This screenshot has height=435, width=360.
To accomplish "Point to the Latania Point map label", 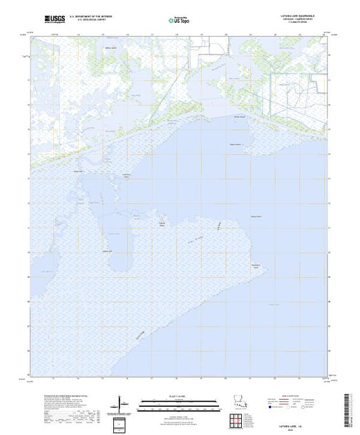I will click(x=126, y=175).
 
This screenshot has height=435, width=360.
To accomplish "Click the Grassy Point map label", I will click(x=256, y=217).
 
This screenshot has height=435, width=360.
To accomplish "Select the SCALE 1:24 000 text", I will click(x=173, y=396).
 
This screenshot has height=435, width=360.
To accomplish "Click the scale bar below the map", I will click(x=173, y=402).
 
